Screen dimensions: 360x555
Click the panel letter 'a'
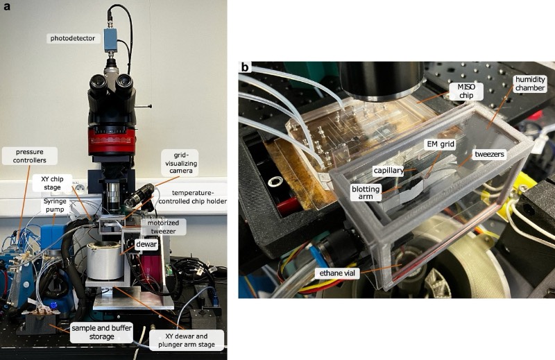[6, 6]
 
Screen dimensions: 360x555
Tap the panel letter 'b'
[245, 68]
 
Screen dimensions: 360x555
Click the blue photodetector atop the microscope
[111, 39]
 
